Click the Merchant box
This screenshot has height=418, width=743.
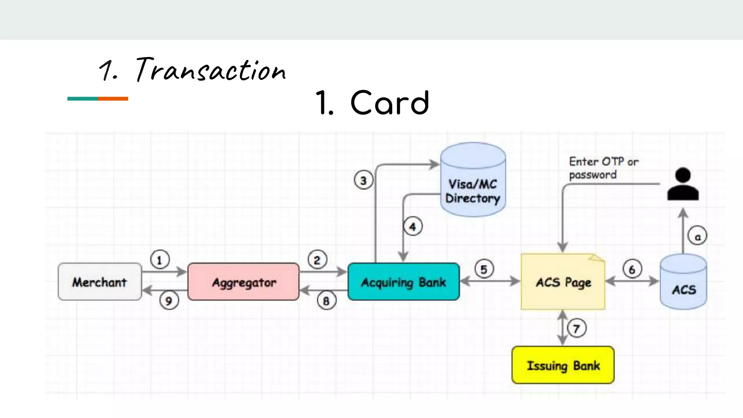100,282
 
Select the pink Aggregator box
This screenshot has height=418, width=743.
243,282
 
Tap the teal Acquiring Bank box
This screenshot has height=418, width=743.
403,282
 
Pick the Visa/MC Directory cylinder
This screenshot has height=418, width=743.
473,181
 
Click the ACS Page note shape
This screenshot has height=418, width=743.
563,282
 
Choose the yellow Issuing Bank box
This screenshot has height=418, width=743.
563,365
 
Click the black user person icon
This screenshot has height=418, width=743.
683,184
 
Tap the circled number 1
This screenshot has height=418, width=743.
160,260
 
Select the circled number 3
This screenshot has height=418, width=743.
363,180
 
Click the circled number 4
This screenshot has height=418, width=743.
413,227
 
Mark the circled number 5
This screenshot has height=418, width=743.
484,269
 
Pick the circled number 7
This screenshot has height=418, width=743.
576,328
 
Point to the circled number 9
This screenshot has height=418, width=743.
169,301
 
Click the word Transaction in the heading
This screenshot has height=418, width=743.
210,70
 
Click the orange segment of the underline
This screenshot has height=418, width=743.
113,99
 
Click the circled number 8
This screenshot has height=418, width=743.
326,301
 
